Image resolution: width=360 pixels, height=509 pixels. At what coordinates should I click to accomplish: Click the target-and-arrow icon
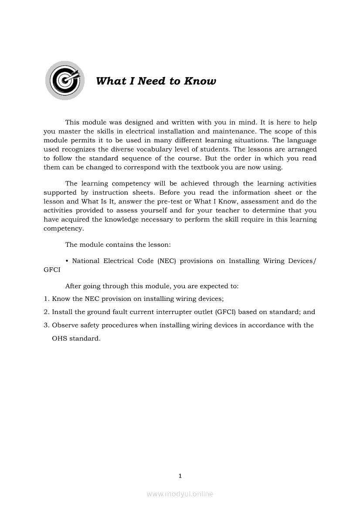65,80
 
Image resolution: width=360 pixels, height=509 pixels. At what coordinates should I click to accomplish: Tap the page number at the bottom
180,476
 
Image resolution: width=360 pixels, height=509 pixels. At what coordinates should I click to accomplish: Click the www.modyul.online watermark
180,494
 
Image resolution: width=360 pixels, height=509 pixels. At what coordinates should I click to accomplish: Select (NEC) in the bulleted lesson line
166,261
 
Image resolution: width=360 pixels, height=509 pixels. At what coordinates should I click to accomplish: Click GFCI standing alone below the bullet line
52,270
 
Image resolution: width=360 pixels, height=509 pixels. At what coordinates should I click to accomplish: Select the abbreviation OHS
60,338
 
